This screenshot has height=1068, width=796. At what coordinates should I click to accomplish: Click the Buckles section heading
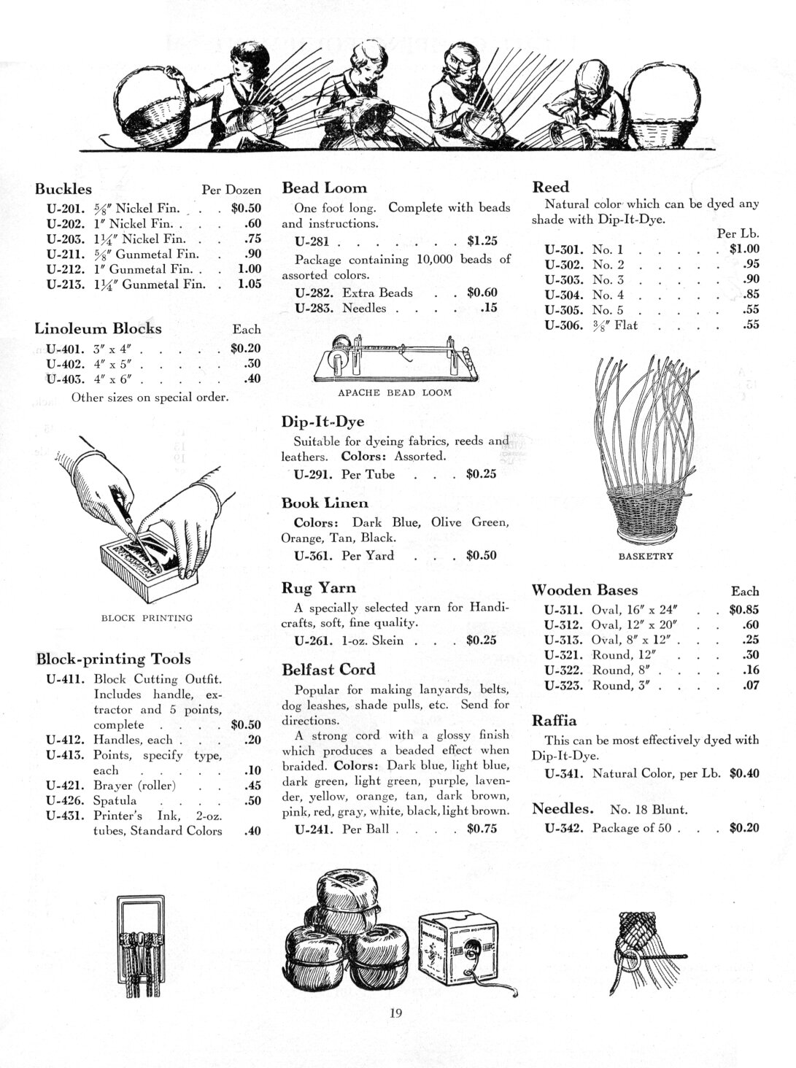[x=63, y=189]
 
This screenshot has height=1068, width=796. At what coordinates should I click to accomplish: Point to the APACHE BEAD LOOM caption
[x=395, y=392]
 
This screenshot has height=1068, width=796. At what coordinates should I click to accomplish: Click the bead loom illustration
[x=395, y=358]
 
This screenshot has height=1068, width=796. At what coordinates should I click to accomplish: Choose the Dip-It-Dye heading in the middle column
[x=322, y=422]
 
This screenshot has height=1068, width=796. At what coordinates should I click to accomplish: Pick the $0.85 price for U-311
[x=743, y=610]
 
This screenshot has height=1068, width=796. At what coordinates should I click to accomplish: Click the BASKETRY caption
[x=646, y=556]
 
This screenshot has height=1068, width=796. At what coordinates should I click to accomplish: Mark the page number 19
[x=396, y=1012]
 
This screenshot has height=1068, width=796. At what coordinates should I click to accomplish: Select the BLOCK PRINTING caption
[x=147, y=618]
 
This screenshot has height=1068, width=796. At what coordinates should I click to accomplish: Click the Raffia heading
[x=555, y=721]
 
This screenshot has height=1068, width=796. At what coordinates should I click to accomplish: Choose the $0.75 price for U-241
[x=482, y=829]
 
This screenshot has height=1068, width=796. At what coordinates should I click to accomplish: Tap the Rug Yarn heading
[x=319, y=588]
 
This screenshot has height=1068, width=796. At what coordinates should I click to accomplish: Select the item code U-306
[x=563, y=325]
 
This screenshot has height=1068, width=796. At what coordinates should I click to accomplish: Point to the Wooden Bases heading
[x=585, y=590]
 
